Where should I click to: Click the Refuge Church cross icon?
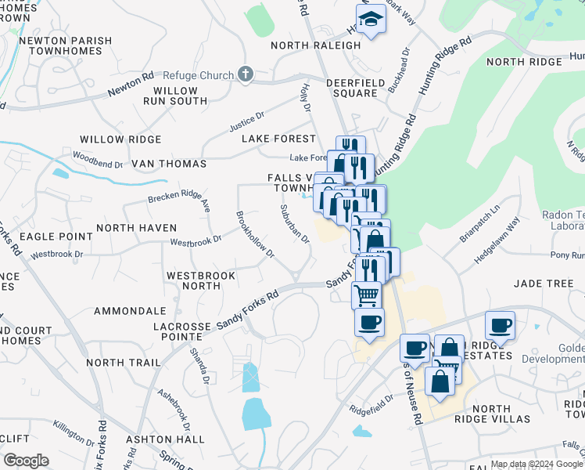246,75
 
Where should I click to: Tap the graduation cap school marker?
371,20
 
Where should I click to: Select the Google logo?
26,461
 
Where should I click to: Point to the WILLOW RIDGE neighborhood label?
120,139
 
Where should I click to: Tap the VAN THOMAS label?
169,164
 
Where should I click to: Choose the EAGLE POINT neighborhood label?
45,236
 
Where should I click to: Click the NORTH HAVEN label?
131,228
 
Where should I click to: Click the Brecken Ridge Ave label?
180,197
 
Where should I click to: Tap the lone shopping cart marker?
366,295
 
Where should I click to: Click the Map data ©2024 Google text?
537,464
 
